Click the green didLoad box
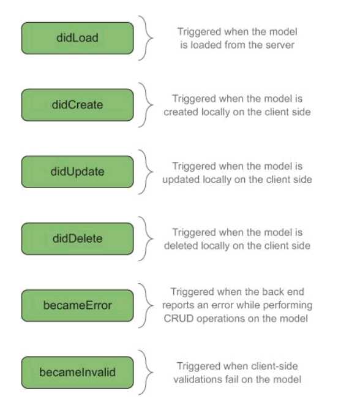[x=78, y=38]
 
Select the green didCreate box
[x=78, y=105]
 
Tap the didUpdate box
[x=78, y=172]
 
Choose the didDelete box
[x=78, y=238]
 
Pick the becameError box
[x=78, y=305]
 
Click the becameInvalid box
[x=78, y=373]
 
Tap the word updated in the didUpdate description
[x=181, y=180]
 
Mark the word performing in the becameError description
[x=288, y=305]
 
